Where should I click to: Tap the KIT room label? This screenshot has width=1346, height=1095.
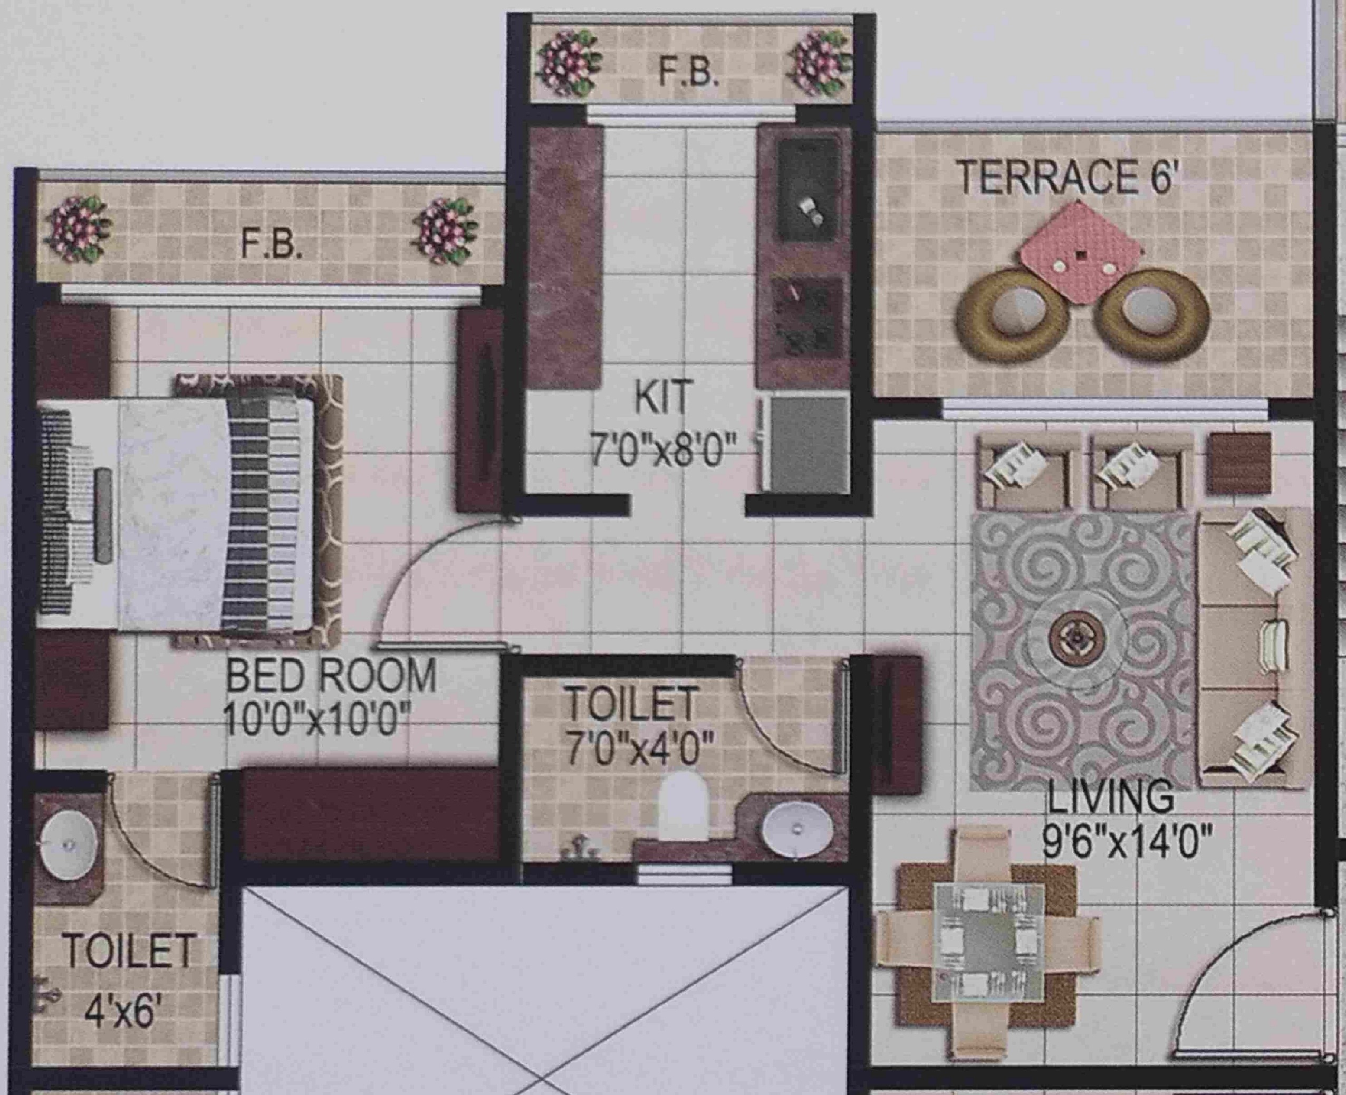pyautogui.click(x=664, y=397)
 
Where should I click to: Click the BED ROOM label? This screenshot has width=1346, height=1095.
pyautogui.click(x=331, y=676)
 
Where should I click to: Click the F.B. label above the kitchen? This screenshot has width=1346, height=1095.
pyautogui.click(x=689, y=73)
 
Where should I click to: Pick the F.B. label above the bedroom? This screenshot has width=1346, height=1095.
pyautogui.click(x=272, y=244)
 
